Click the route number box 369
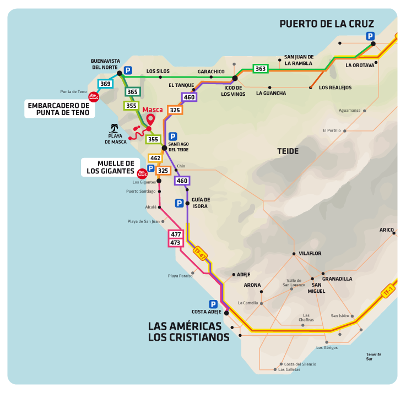(106, 84)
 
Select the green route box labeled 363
(261, 69)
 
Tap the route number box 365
(132, 92)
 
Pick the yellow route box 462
(155, 159)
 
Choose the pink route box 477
(176, 234)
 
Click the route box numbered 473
(176, 243)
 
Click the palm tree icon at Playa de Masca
(115, 128)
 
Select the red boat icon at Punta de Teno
(94, 97)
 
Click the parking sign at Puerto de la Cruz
(370, 36)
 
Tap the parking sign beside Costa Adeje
(213, 304)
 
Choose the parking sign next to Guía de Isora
(179, 203)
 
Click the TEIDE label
(288, 151)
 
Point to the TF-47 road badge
(200, 253)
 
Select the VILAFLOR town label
(310, 254)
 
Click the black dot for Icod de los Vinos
(235, 79)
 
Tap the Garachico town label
(211, 72)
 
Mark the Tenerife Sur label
(373, 357)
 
